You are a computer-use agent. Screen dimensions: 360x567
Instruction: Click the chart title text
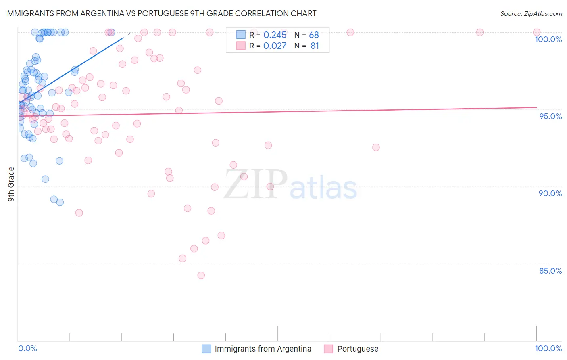pos(161,13)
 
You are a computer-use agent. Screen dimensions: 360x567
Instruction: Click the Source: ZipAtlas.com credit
pos(531,13)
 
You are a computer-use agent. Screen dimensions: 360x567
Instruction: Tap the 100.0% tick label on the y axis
pos(548,39)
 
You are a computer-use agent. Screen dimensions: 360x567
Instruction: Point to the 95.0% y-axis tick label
pos(550,116)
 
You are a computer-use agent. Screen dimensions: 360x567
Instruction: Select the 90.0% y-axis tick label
pos(550,193)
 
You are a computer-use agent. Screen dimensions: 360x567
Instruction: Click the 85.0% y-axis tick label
pos(550,271)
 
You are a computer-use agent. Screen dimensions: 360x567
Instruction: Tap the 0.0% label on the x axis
pos(27,348)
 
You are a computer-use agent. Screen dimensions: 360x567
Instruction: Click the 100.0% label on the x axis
pos(548,348)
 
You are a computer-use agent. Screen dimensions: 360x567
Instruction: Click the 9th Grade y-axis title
pos(11,184)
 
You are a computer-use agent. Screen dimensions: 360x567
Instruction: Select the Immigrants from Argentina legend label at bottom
pos(263,349)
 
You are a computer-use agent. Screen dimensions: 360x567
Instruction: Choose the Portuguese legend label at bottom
pos(358,349)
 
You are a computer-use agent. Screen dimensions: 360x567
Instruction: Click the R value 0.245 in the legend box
pos(275,35)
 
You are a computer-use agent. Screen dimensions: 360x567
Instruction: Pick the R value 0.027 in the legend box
pos(275,46)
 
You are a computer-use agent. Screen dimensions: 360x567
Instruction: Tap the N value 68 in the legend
pos(314,35)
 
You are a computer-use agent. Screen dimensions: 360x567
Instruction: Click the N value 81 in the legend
pos(315,46)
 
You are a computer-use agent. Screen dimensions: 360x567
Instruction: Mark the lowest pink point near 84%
pos(201,275)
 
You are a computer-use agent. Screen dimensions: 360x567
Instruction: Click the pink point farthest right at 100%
pos(536,32)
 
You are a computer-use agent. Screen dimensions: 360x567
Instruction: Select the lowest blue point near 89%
pos(60,202)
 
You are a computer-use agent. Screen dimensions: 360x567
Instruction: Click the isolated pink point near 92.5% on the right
pos(376,147)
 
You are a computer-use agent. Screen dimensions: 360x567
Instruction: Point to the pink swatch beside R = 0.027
pos(241,46)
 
